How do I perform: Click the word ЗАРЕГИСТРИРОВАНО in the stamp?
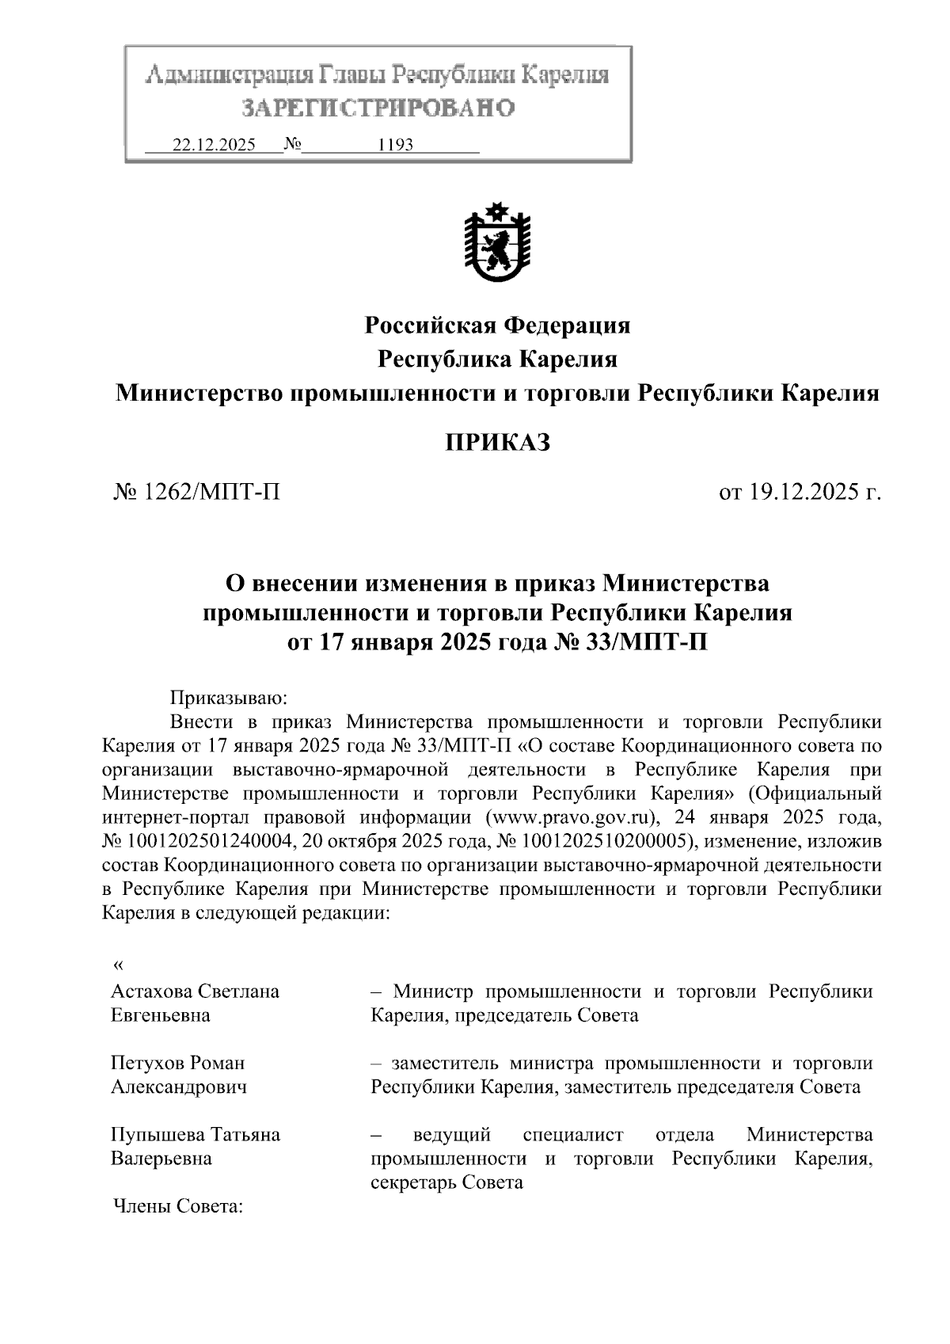(378, 108)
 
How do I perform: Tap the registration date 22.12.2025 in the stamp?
(214, 146)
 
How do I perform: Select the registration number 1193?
(396, 146)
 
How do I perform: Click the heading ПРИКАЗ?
(497, 443)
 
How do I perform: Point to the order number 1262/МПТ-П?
(211, 493)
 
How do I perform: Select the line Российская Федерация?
(497, 326)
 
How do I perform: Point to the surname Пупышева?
(157, 1134)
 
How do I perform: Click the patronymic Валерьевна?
(161, 1158)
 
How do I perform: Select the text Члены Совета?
(178, 1206)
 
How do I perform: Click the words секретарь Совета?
(447, 1182)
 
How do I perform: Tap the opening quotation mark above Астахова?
(119, 965)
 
